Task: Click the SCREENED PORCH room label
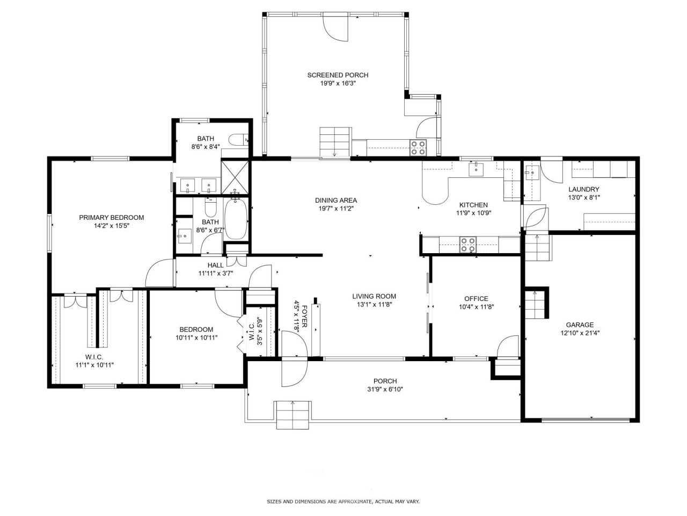click(x=338, y=75)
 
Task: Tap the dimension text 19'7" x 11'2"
click(x=336, y=209)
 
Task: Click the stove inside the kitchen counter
click(x=468, y=245)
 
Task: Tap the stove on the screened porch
click(x=418, y=147)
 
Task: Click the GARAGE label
click(x=580, y=325)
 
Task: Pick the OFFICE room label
click(x=476, y=299)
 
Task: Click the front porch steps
click(x=293, y=414)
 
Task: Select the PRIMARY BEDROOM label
click(x=112, y=218)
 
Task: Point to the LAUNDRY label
click(x=584, y=189)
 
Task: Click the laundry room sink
click(x=532, y=173)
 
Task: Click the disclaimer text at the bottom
click(x=343, y=501)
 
